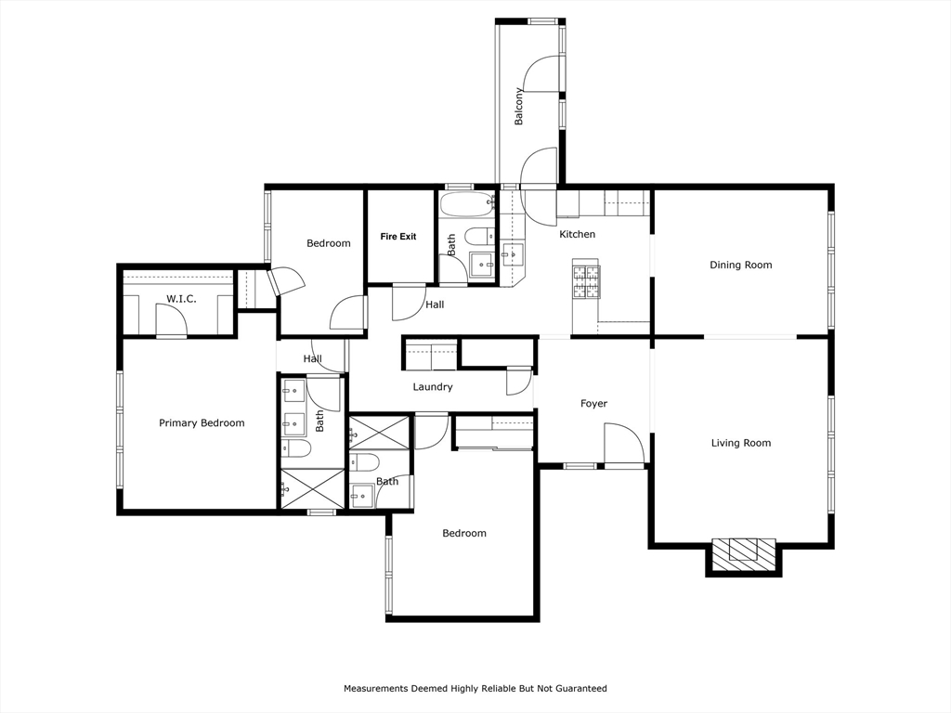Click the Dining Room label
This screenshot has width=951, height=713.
click(740, 266)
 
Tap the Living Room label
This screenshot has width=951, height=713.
click(740, 444)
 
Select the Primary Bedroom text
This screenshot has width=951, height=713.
click(202, 423)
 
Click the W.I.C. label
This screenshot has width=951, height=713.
click(181, 299)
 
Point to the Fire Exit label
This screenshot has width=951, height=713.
click(398, 237)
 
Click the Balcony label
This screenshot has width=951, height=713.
click(519, 106)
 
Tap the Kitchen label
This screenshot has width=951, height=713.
click(577, 235)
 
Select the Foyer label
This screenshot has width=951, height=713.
click(593, 404)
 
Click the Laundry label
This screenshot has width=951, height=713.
click(433, 387)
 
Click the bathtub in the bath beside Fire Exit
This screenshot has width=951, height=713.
click(467, 204)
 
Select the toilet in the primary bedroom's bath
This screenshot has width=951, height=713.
click(298, 449)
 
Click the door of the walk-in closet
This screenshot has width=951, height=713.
click(171, 321)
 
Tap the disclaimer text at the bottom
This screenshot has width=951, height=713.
click(475, 689)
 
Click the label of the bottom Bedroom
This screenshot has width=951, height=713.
click(463, 534)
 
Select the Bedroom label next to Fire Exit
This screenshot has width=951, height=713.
click(329, 244)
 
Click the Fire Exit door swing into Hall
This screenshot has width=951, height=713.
click(408, 303)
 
